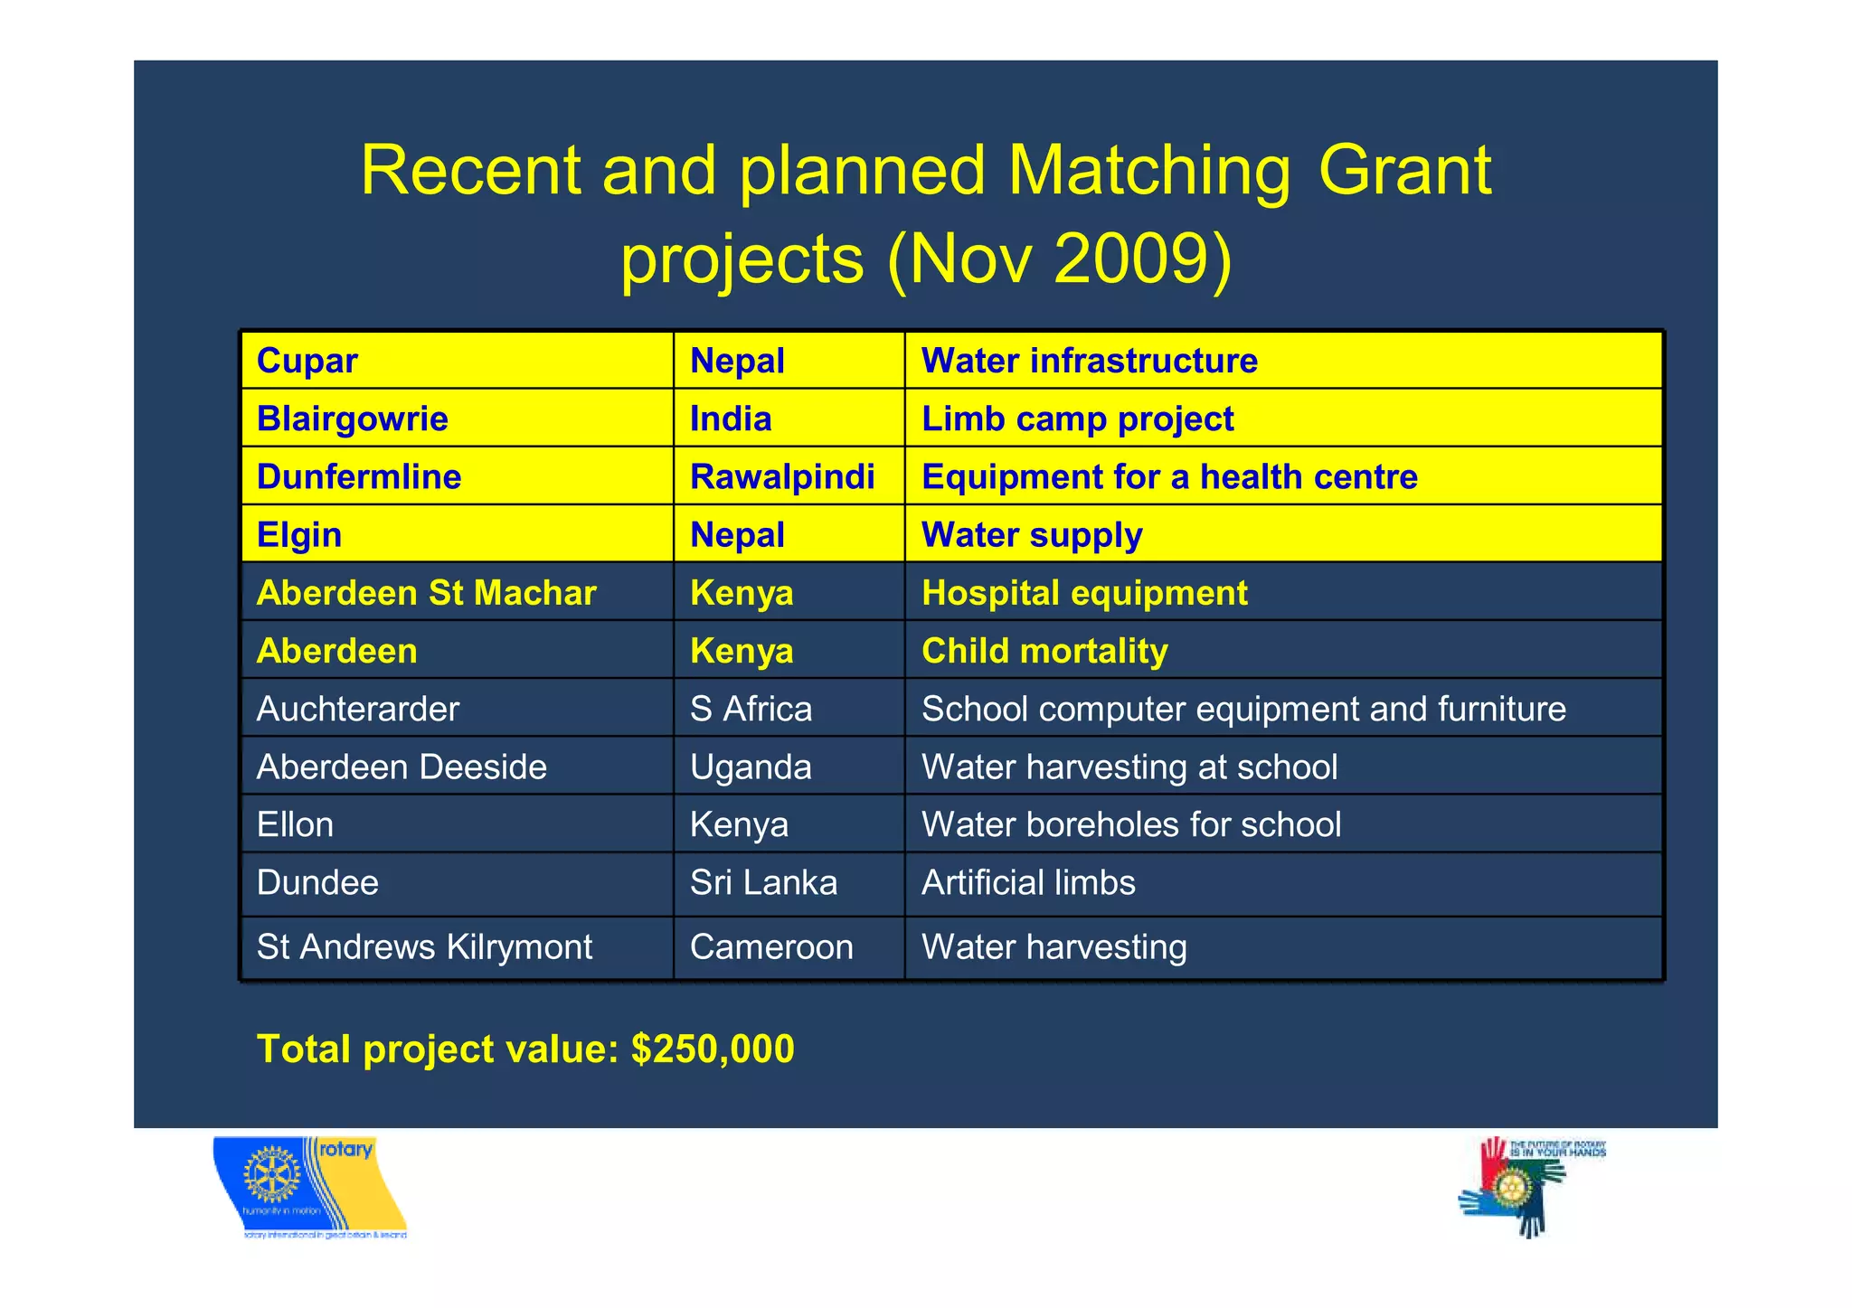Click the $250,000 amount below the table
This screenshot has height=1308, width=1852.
click(713, 1049)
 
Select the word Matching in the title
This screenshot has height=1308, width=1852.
click(1148, 170)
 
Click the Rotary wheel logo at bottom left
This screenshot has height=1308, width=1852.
click(271, 1178)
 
